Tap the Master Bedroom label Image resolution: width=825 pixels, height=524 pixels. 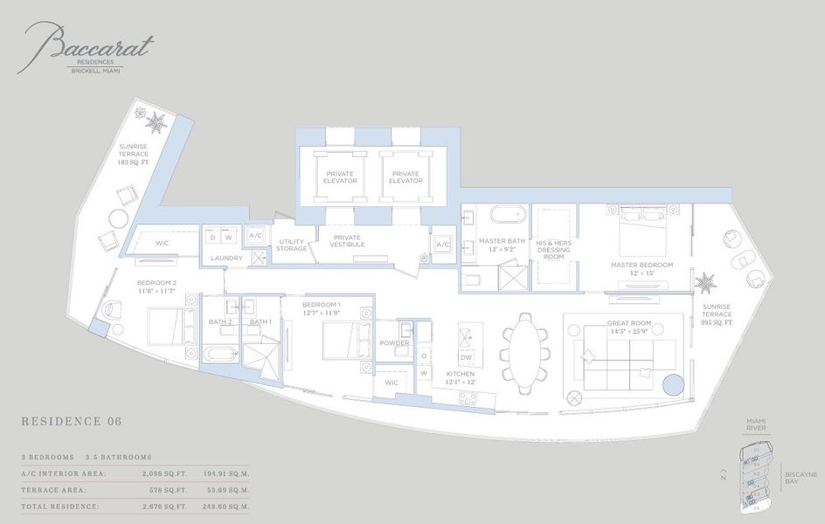[642, 269]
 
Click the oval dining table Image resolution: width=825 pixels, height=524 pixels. [524, 347]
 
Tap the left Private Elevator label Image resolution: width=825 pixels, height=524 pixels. [341, 177]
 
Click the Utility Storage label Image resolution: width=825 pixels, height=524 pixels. [292, 245]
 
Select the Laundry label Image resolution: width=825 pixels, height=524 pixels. [225, 259]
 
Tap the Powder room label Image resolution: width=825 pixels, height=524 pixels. [394, 343]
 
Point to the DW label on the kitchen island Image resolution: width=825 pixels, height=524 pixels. [467, 357]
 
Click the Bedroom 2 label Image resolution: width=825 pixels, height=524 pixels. [156, 287]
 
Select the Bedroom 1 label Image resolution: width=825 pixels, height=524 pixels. [322, 307]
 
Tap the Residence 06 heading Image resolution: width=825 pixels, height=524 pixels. [71, 422]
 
